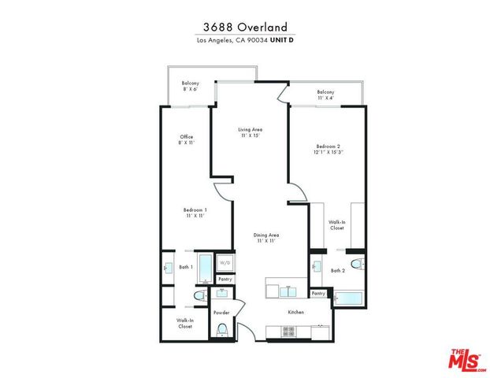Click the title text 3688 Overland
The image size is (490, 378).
pos(244,27)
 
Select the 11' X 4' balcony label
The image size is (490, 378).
pos(325,95)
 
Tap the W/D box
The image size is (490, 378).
pos(225,262)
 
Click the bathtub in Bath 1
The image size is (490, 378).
pos(205,268)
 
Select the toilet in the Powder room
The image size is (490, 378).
pos(222,329)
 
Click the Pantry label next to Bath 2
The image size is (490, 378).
pos(318,294)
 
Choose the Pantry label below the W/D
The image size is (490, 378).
pos(225,279)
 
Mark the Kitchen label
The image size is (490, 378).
pos(295,312)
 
